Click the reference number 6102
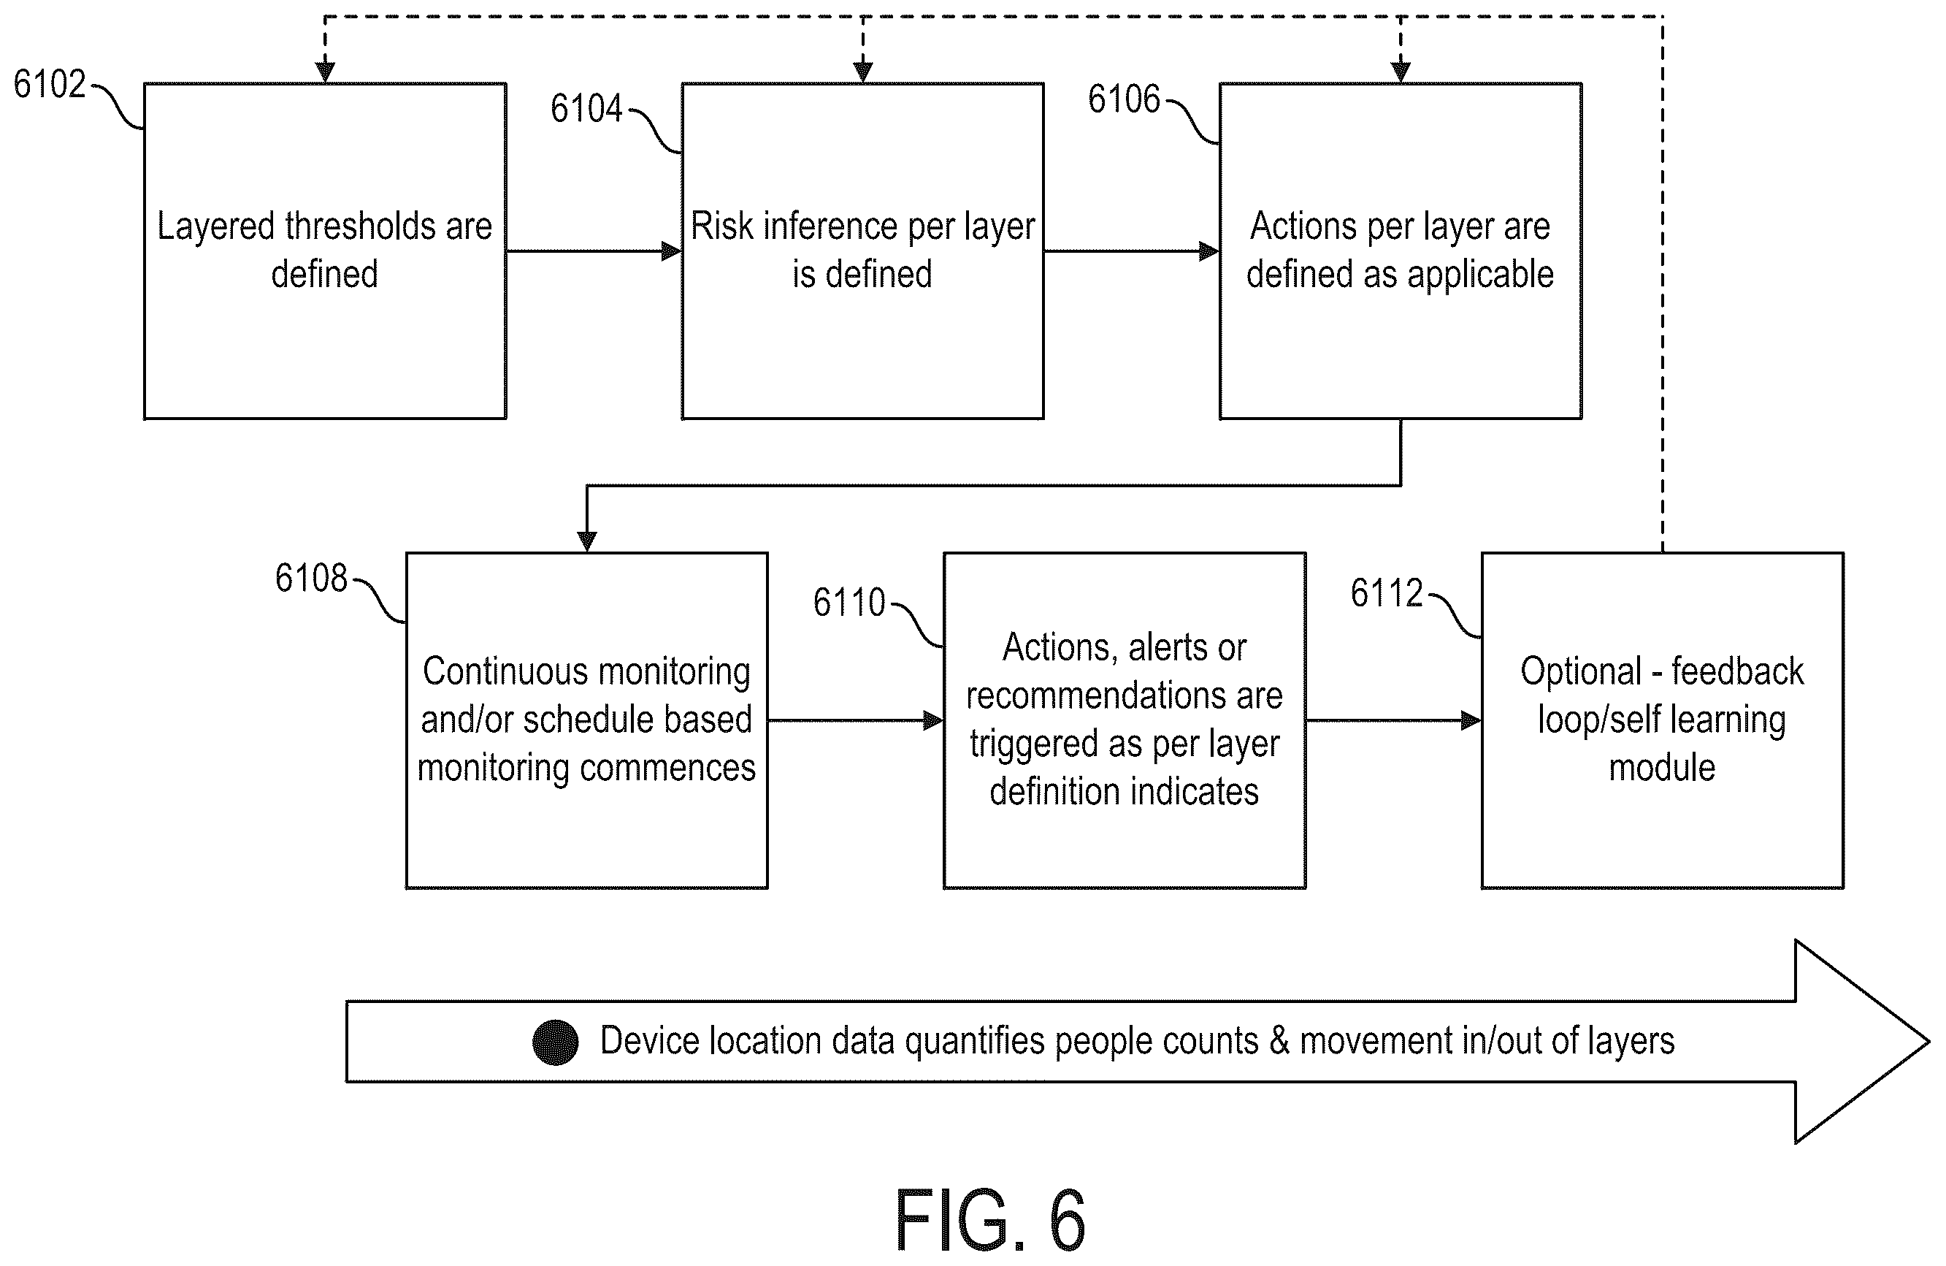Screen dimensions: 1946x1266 coord(50,84)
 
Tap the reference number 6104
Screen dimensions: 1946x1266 coord(586,108)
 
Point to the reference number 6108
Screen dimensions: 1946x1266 coord(311,578)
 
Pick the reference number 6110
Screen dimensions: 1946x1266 coord(848,603)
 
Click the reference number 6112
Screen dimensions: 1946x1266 coord(1386,593)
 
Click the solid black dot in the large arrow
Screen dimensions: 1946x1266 coord(555,1042)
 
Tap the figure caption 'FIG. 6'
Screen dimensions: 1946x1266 coord(990,1220)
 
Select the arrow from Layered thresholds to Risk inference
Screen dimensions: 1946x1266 coord(594,251)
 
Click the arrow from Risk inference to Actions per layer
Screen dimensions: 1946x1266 coord(1132,251)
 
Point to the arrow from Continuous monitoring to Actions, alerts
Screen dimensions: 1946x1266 coord(855,720)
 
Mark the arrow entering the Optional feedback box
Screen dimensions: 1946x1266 coord(1393,720)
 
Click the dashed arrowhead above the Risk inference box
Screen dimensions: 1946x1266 coord(862,72)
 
